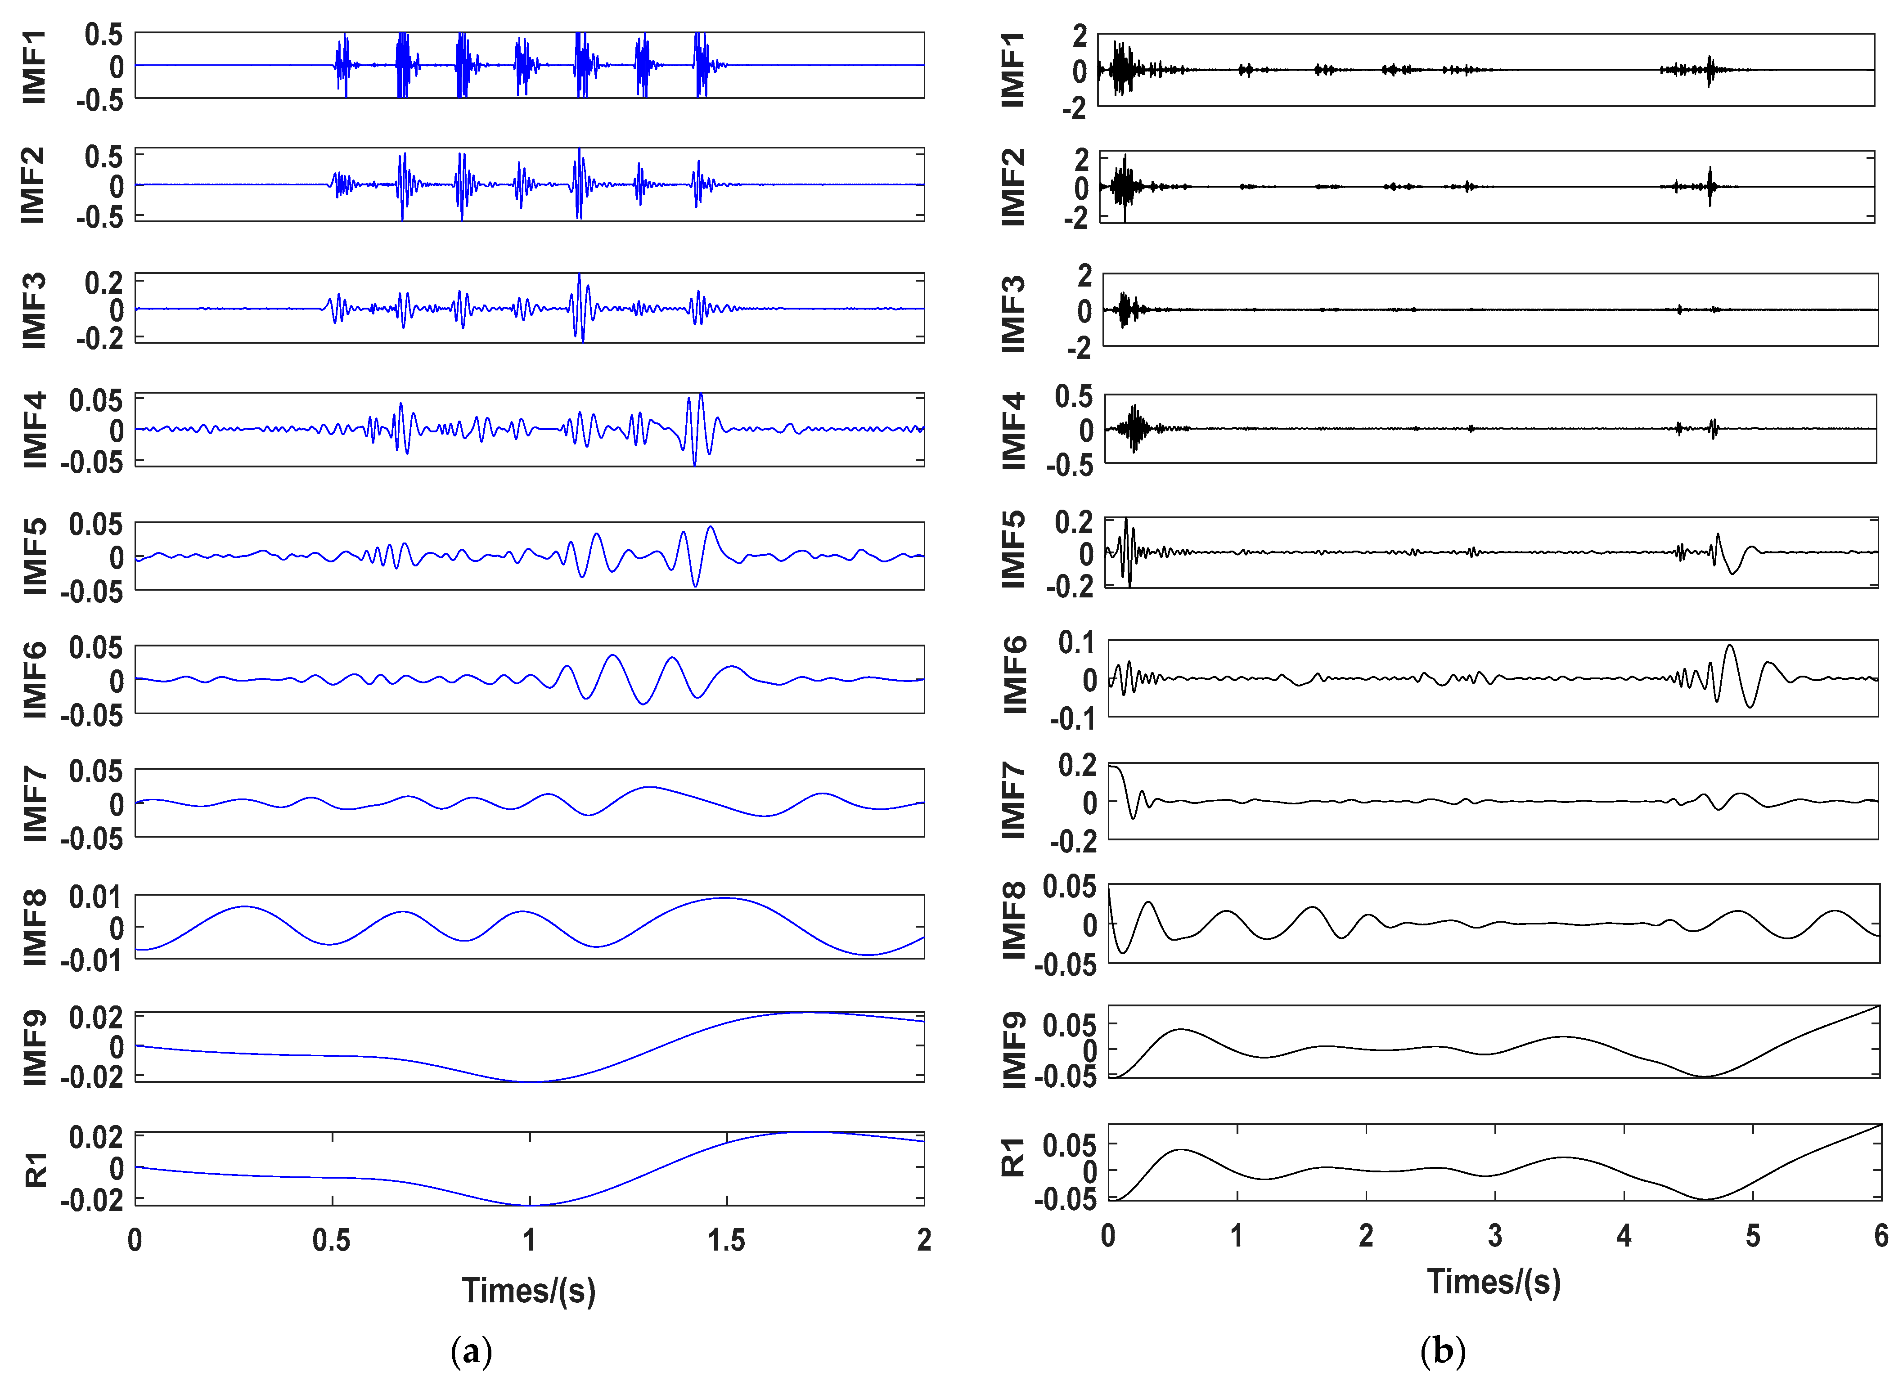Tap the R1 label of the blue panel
pyautogui.click(x=35, y=1169)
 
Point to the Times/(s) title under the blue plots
pyautogui.click(x=529, y=1290)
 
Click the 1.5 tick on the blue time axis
pyautogui.click(x=727, y=1240)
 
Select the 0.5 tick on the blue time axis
pyautogui.click(x=332, y=1240)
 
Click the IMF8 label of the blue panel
pyautogui.click(x=34, y=927)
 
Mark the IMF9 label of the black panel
pyautogui.click(x=1013, y=1049)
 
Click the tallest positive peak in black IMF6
pyautogui.click(x=1729, y=646)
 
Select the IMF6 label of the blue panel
pyautogui.click(x=34, y=680)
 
